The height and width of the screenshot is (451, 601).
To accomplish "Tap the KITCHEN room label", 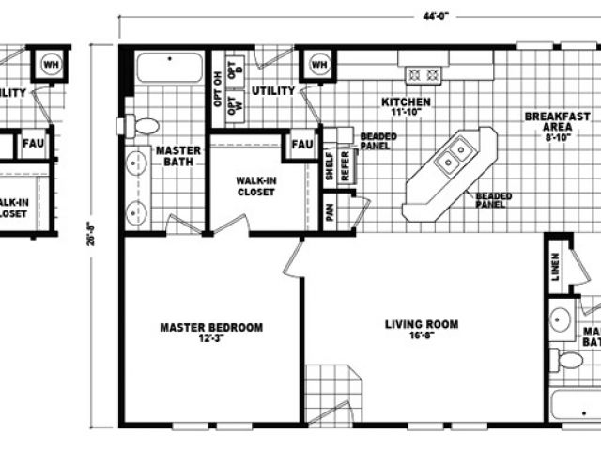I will point(405,101).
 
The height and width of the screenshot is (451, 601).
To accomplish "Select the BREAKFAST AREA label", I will point(551,120).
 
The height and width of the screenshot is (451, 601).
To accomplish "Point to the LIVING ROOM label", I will point(422,325).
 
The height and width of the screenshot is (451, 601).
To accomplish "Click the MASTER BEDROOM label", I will point(210,327).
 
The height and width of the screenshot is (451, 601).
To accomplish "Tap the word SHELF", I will point(329,166).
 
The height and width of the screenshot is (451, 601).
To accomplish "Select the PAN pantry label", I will point(331,212).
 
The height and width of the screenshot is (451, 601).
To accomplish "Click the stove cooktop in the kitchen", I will point(422,72).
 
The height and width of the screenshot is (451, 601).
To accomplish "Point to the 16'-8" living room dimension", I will point(422,337).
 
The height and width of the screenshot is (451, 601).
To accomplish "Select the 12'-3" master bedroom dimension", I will point(210,339).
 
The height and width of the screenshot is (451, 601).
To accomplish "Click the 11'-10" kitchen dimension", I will point(405,113).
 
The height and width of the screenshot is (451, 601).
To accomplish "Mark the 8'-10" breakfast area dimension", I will point(550,137).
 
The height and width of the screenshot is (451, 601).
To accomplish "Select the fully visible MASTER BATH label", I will point(174,156).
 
